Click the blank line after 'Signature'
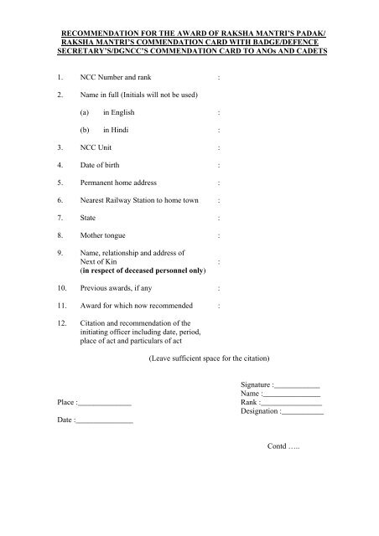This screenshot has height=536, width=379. pyautogui.click(x=303, y=385)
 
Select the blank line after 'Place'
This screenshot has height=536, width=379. pyautogui.click(x=105, y=403)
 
